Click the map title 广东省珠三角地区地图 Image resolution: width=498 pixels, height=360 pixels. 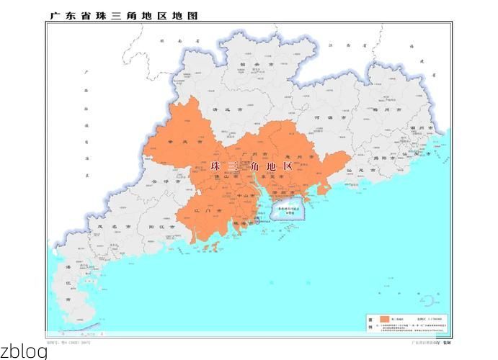[x=123, y=15]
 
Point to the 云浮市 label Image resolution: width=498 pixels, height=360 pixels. [x=162, y=183]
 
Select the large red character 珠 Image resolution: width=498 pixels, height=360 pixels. [x=215, y=166]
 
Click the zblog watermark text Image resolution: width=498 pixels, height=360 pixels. [x=24, y=352]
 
